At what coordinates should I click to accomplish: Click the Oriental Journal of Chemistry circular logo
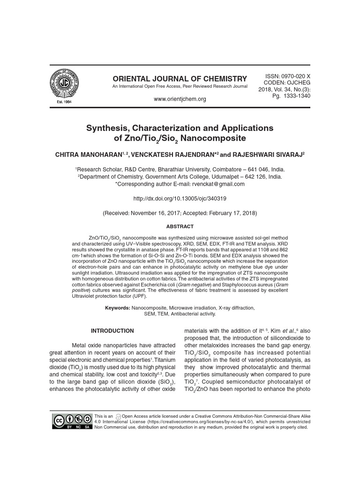point(65,84)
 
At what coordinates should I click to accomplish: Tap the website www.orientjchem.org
point(180,99)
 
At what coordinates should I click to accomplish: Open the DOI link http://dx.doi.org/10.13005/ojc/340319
point(180,198)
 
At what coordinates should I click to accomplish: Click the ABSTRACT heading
point(180,226)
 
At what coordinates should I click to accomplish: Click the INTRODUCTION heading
point(112,331)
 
